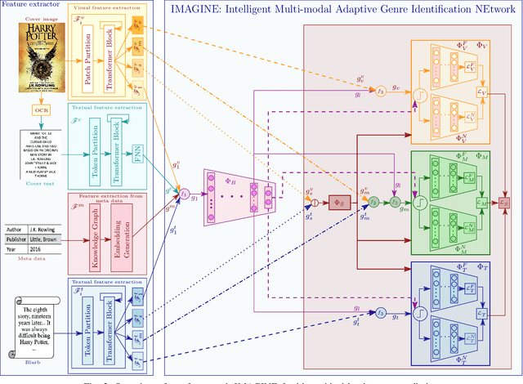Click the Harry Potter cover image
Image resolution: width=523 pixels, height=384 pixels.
(x=42, y=58)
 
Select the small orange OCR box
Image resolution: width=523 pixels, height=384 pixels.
(x=42, y=109)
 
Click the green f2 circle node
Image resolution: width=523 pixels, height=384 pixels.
(x=373, y=201)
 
